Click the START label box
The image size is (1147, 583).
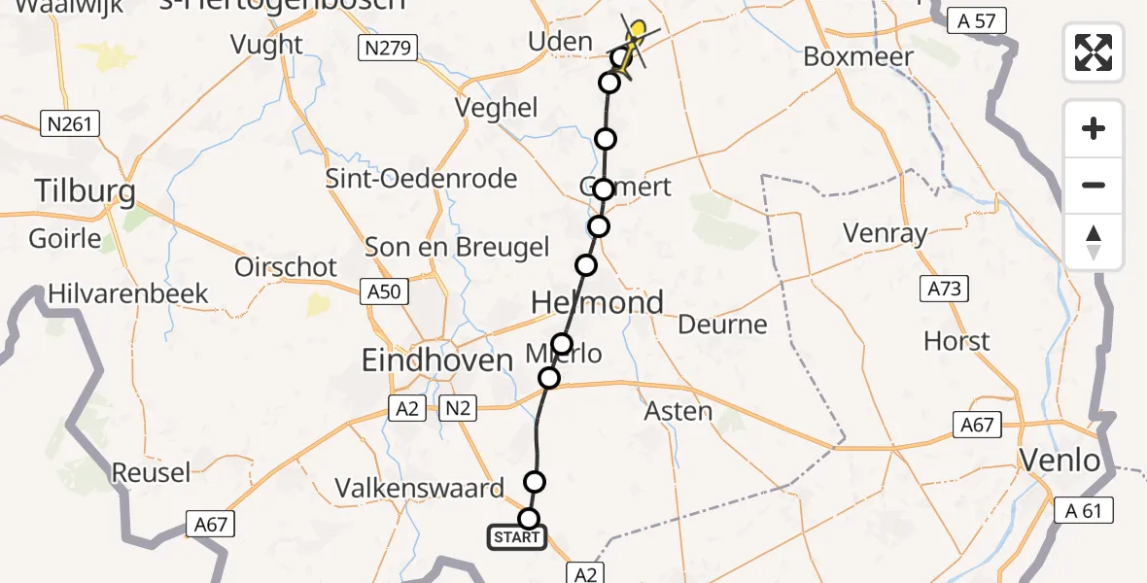[x=516, y=537]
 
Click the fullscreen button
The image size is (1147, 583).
[x=1094, y=52]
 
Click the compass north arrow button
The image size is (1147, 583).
[x=1094, y=242]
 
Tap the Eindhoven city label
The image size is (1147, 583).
[x=436, y=360]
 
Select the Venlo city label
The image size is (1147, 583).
[x=1060, y=460]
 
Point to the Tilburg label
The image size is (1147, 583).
[x=85, y=191]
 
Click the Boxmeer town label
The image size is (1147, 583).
[x=858, y=56]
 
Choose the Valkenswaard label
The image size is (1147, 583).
[x=420, y=488]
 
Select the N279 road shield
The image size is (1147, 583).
[x=386, y=47]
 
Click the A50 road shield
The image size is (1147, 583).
[x=386, y=290]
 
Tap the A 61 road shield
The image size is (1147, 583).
[x=1084, y=510]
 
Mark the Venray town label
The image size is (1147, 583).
[x=885, y=233]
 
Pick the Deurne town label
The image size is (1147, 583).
[x=722, y=325]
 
